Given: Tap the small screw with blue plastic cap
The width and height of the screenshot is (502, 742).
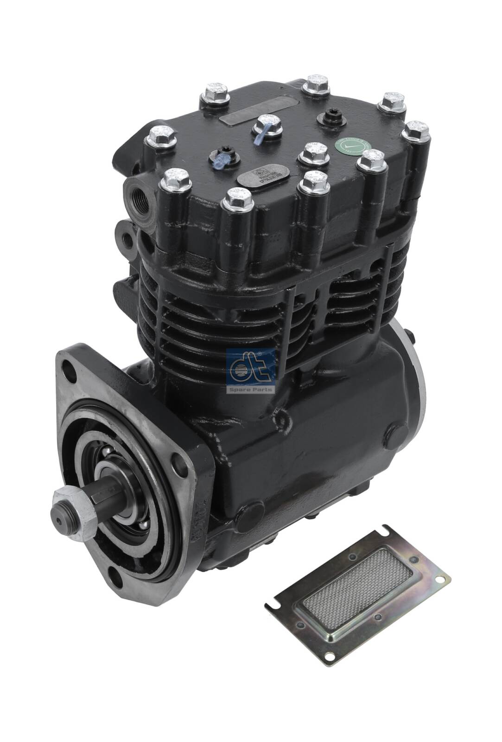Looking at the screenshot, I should [222, 160].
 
